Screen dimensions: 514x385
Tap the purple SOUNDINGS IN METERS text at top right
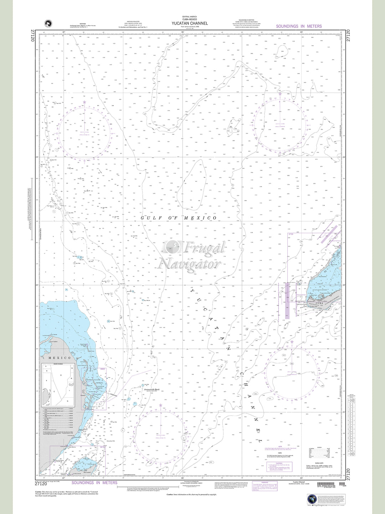pyautogui.click(x=299, y=26)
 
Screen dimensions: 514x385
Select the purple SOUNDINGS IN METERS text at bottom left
pyautogui.click(x=94, y=483)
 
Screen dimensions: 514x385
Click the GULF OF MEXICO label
pyautogui.click(x=179, y=218)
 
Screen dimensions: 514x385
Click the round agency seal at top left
pyautogui.click(x=47, y=24)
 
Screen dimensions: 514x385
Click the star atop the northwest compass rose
pyautogui.click(x=84, y=102)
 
